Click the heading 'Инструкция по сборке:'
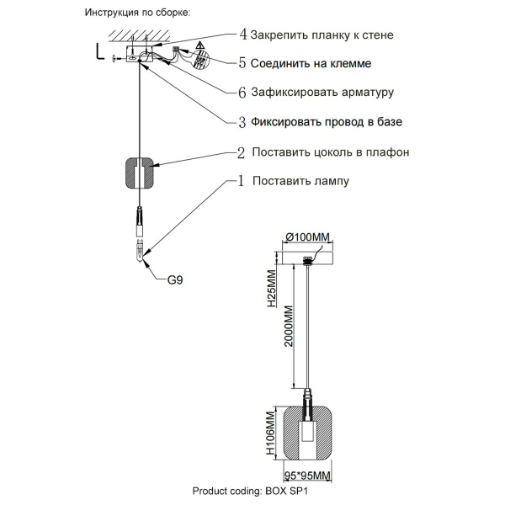tap(138, 14)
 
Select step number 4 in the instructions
tap(243, 35)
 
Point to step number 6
tap(243, 92)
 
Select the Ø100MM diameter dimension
tap(306, 237)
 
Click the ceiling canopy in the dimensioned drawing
tap(308, 252)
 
